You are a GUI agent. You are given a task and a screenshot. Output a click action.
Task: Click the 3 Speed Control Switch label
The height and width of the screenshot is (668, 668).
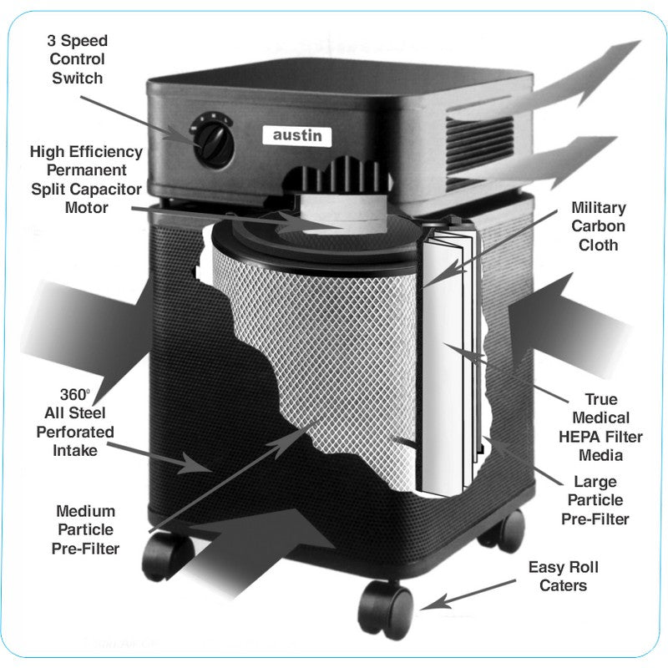(77, 59)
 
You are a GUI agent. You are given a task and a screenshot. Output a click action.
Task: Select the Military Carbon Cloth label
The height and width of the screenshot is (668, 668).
(598, 225)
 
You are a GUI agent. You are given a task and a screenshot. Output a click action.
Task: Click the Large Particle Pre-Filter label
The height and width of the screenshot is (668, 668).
(595, 500)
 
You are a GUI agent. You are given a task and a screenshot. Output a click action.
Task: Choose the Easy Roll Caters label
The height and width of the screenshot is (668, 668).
(563, 576)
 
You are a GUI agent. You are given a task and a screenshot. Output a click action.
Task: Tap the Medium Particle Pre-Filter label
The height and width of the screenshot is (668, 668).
(86, 529)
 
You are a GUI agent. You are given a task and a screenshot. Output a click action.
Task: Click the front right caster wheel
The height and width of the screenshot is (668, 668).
(387, 607)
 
